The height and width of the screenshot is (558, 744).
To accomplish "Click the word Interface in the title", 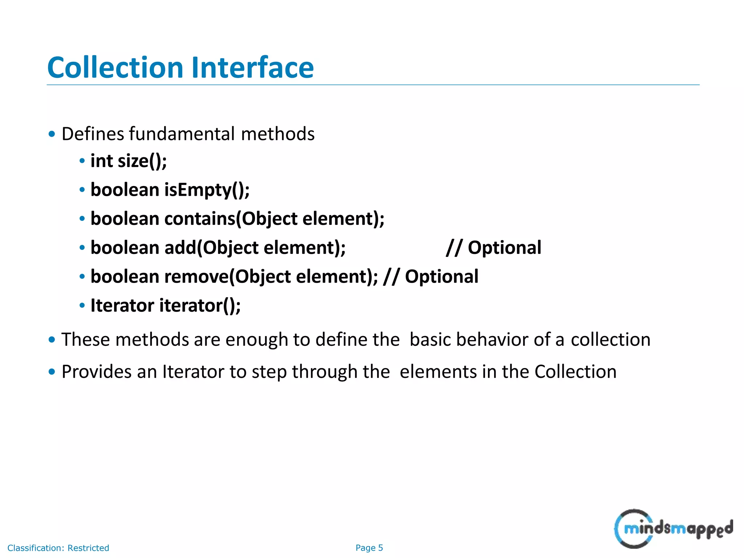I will pyautogui.click(x=252, y=68).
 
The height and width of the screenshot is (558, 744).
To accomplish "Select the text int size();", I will pyautogui.click(x=129, y=161).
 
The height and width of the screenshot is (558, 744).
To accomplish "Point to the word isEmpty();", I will pyautogui.click(x=207, y=190).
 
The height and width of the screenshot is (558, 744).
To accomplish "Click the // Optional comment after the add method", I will pyautogui.click(x=494, y=248).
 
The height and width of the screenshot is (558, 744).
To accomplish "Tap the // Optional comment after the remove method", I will pyautogui.click(x=431, y=276).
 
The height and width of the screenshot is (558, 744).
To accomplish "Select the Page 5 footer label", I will pyautogui.click(x=369, y=548).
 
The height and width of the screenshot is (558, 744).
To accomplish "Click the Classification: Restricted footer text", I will pyautogui.click(x=58, y=548).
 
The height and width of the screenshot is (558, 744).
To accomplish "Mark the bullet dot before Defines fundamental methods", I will pyautogui.click(x=52, y=134).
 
